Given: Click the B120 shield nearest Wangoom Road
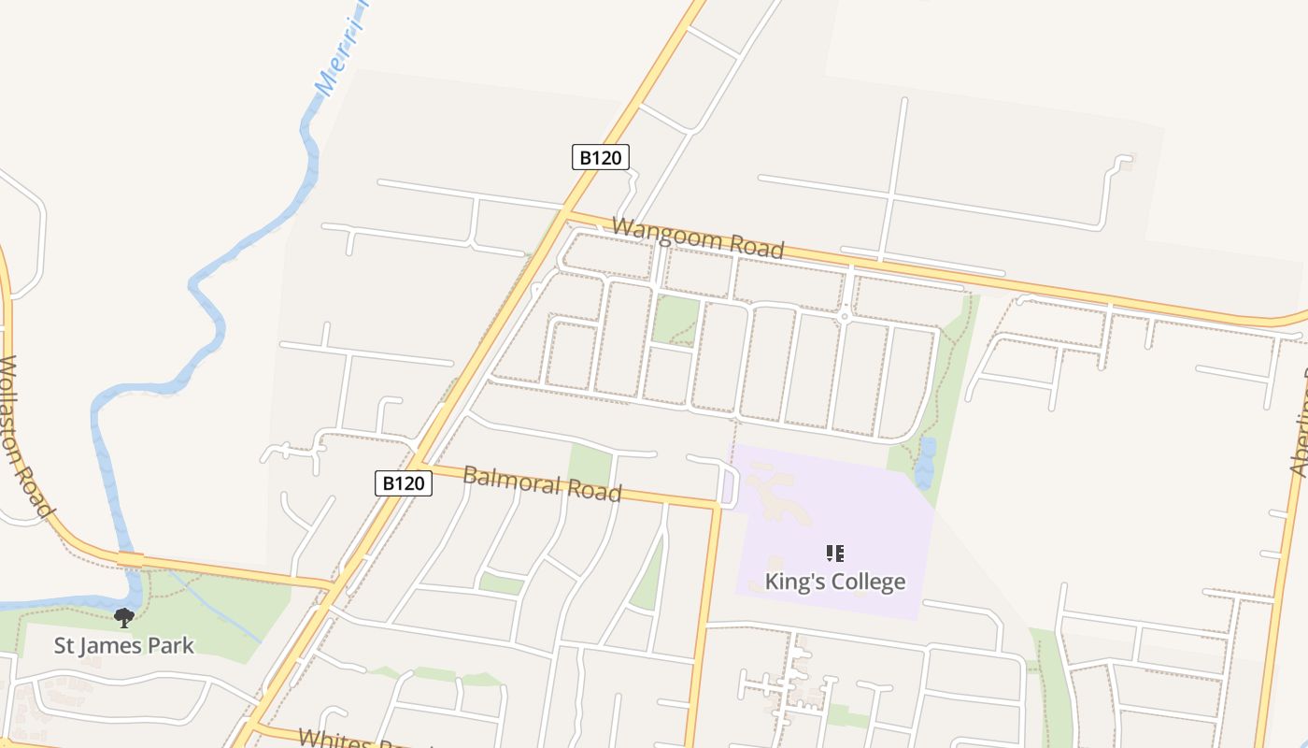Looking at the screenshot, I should [600, 157].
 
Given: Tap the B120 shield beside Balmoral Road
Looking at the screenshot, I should [404, 483].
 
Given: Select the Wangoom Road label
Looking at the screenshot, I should [697, 238].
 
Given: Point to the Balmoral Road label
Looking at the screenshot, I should [542, 483].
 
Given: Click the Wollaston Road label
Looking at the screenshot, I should [25, 436].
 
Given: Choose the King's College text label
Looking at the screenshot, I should [834, 582].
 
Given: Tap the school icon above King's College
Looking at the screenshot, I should [835, 554].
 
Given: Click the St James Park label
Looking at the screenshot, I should [124, 645].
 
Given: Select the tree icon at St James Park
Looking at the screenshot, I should [123, 618].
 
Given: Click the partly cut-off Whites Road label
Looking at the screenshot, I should [364, 739].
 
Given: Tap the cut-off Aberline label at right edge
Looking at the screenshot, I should [1300, 421].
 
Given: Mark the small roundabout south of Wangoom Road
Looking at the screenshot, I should [845, 316].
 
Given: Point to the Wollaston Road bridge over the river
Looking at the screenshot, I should [130, 558].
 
